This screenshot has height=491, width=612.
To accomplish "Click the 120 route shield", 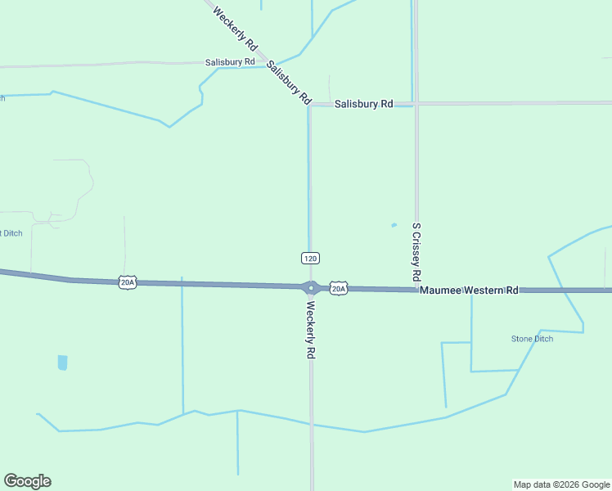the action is pyautogui.click(x=309, y=258).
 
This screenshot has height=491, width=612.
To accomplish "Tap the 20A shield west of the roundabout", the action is pyautogui.click(x=127, y=282).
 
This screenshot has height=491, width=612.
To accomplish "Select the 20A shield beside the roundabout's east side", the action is pyautogui.click(x=339, y=288).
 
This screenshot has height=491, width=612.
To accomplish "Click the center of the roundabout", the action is pyautogui.click(x=311, y=287).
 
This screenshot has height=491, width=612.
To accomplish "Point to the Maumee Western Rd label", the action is pyautogui.click(x=470, y=291).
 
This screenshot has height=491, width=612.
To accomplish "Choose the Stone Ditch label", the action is pyautogui.click(x=532, y=339).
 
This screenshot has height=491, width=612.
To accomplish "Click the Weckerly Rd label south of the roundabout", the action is pyautogui.click(x=311, y=331).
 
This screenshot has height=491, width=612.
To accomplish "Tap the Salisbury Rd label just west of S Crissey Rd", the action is pyautogui.click(x=363, y=104).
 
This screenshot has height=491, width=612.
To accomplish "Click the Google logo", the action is pyautogui.click(x=27, y=481).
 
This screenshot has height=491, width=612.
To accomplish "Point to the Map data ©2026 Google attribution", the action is pyautogui.click(x=561, y=484).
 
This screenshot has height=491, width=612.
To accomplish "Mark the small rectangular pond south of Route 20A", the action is pyautogui.click(x=63, y=363).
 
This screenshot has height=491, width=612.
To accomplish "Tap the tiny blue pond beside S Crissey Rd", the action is pyautogui.click(x=394, y=225).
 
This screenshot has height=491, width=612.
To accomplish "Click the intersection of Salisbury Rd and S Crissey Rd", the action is pyautogui.click(x=416, y=104).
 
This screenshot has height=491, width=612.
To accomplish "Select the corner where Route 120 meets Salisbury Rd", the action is pyautogui.click(x=309, y=106).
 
